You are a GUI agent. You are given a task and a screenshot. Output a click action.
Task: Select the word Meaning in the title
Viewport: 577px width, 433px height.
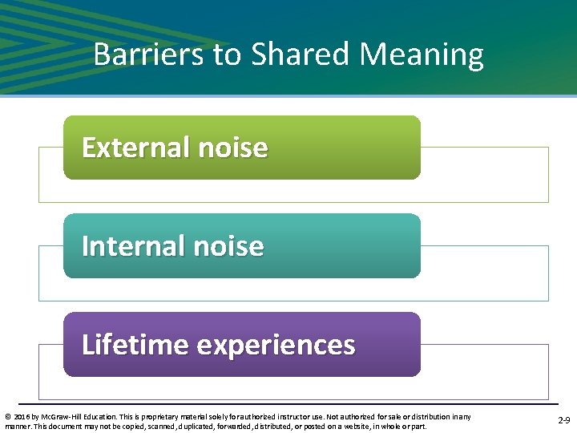click(x=422, y=55)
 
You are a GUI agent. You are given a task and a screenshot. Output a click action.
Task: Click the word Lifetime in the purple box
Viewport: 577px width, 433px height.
click(x=135, y=345)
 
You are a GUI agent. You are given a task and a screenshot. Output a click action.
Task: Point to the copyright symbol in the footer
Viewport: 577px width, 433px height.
click(x=7, y=416)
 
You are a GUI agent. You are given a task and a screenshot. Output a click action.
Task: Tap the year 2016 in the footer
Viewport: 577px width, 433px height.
click(x=19, y=416)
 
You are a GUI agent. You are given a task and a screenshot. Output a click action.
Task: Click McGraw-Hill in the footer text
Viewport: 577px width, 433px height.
click(x=54, y=416)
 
